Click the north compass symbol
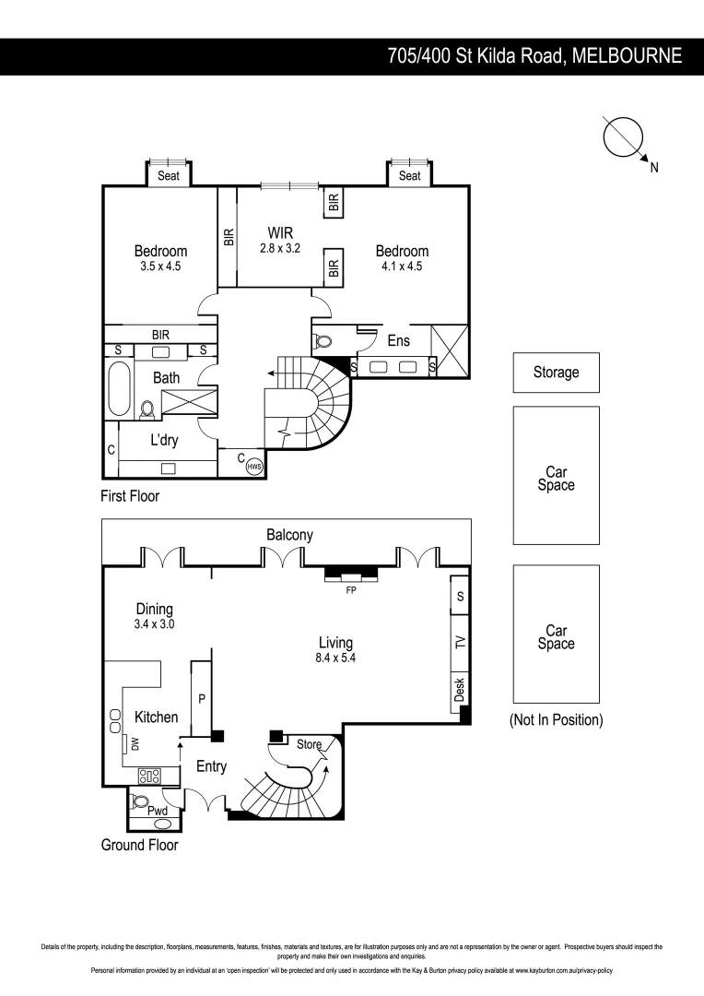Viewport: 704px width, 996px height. [x=624, y=138]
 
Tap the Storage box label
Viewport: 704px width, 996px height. [x=556, y=373]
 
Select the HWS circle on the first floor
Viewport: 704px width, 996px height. [x=254, y=467]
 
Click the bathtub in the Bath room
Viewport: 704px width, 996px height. [x=119, y=388]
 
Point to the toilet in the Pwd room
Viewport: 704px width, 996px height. [x=142, y=800]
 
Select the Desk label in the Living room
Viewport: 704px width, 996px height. [x=460, y=688]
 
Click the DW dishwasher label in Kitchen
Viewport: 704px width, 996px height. [x=135, y=744]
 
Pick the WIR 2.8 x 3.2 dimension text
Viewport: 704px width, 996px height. [x=281, y=248]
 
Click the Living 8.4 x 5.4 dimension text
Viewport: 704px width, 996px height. [x=336, y=659]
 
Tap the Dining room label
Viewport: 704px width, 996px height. [x=154, y=609]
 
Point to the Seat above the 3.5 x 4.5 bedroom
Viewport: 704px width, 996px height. [x=169, y=175]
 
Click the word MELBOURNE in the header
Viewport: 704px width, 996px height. [x=627, y=56]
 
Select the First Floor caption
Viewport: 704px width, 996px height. [x=130, y=496]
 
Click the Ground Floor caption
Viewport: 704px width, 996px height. [x=139, y=844]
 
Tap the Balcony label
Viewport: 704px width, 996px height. [x=289, y=535]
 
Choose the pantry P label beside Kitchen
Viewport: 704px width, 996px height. [x=202, y=698]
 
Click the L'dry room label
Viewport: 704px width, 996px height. [x=163, y=441]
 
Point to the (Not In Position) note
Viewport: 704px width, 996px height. [x=556, y=720]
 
